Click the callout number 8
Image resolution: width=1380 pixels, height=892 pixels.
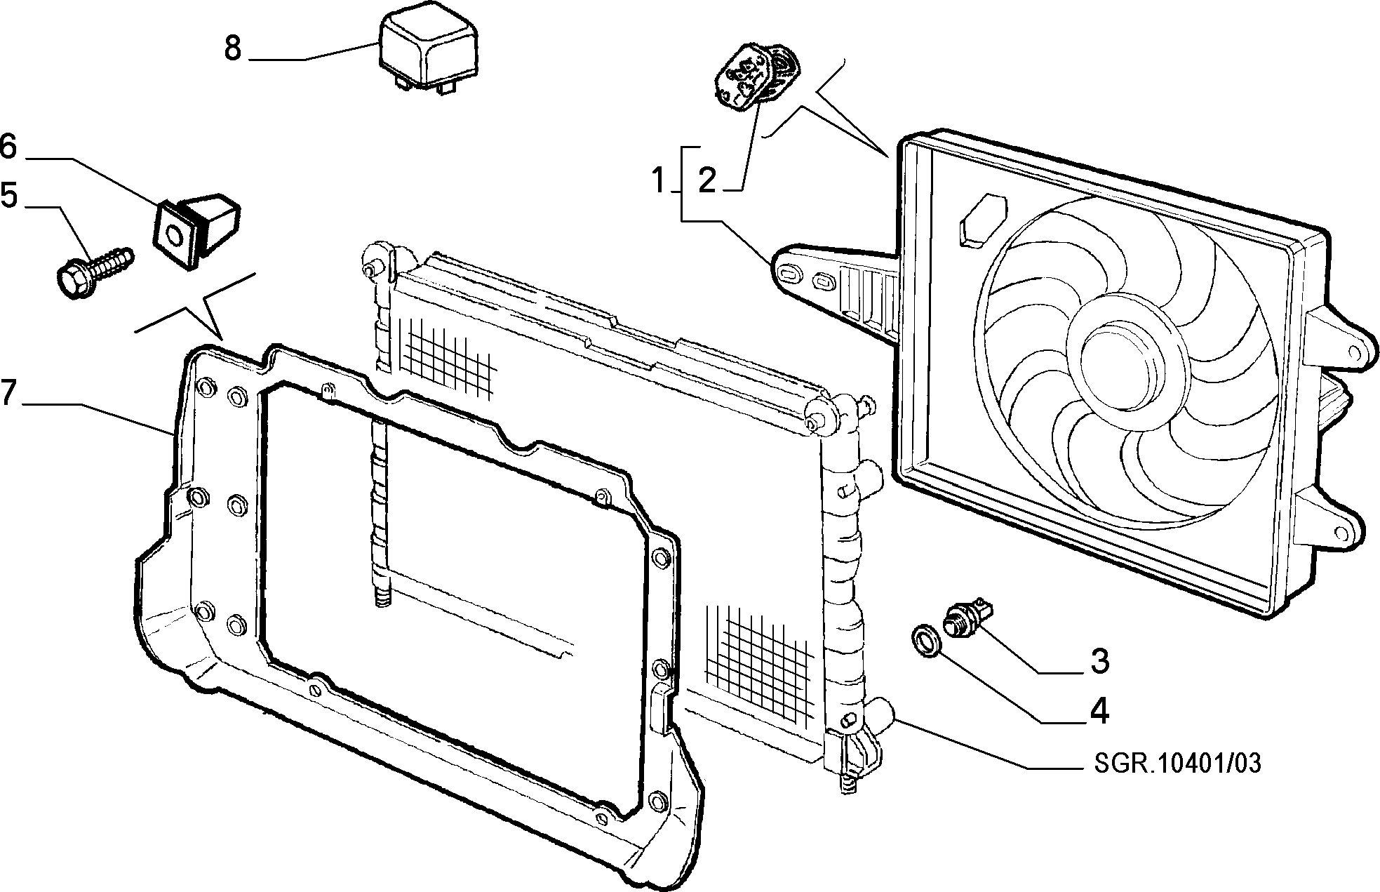coord(233,48)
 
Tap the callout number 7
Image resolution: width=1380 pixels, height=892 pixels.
coord(8,393)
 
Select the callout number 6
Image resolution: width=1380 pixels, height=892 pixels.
coord(8,147)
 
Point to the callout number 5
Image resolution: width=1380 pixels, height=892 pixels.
coord(8,195)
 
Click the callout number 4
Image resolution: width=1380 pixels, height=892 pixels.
coord(1099,711)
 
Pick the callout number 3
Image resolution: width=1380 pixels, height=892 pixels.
coord(1099,661)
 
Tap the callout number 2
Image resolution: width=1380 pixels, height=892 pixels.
coord(707,180)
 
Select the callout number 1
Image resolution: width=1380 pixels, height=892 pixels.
coord(658,180)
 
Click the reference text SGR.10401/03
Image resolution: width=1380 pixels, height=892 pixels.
coord(1177,764)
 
